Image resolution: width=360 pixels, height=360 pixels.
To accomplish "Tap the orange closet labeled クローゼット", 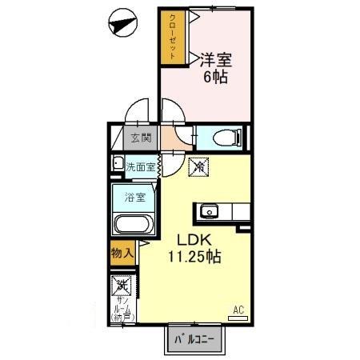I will [171, 38].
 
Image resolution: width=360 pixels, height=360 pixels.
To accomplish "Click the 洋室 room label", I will [217, 59].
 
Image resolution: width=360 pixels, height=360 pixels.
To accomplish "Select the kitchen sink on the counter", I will [210, 212].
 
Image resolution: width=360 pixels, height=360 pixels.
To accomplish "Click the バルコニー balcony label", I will [196, 339].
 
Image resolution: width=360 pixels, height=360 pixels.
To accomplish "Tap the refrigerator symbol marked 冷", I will [197, 168].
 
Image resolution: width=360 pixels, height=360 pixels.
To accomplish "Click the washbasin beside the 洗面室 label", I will [118, 166].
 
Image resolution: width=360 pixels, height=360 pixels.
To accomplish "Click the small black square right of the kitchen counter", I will [241, 228].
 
